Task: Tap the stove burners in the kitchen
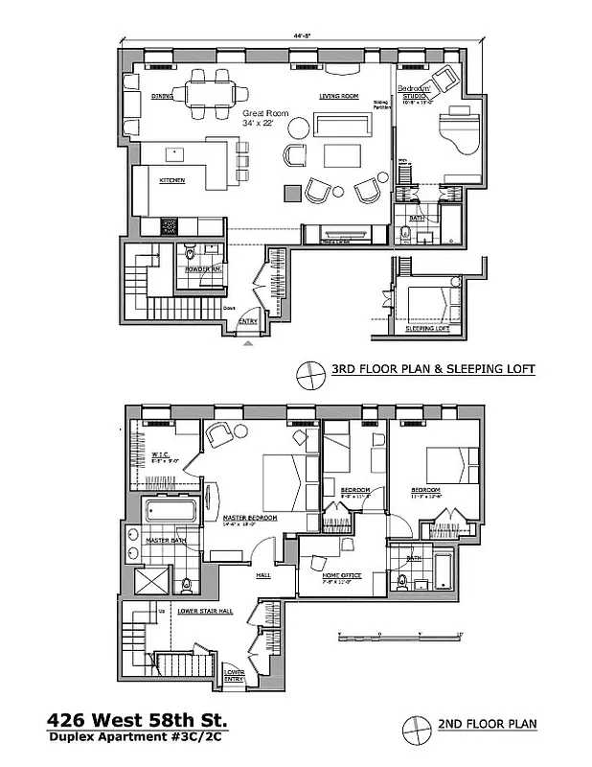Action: pyautogui.click(x=169, y=227)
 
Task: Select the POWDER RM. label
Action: pyautogui.click(x=203, y=269)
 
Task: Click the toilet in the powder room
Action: pyautogui.click(x=191, y=252)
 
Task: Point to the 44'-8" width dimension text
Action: pyautogui.click(x=304, y=35)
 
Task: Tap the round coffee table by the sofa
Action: pyautogui.click(x=299, y=128)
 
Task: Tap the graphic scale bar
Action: pyautogui.click(x=400, y=635)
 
